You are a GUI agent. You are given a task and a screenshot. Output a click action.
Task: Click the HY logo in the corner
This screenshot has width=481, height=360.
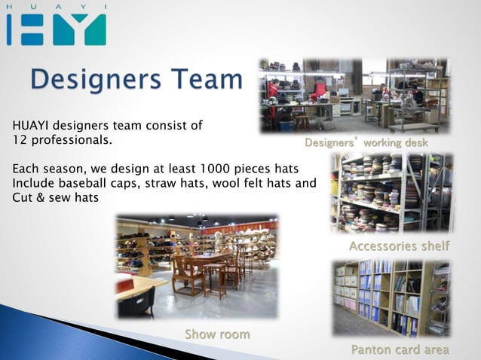click(x=56, y=27)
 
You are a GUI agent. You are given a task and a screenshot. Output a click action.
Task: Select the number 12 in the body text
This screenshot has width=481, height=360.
click(x=20, y=140)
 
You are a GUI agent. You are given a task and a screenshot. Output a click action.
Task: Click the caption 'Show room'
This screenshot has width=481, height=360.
click(x=217, y=334)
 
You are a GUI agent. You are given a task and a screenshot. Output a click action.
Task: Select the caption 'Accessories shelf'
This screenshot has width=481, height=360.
click(x=399, y=246)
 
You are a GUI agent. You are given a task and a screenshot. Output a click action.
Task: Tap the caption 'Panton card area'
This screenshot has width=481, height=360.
click(x=400, y=349)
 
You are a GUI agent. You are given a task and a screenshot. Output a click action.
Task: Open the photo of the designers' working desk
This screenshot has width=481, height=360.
click(x=354, y=96)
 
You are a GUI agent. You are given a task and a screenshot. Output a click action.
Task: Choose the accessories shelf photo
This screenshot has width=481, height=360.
click(x=392, y=193)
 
